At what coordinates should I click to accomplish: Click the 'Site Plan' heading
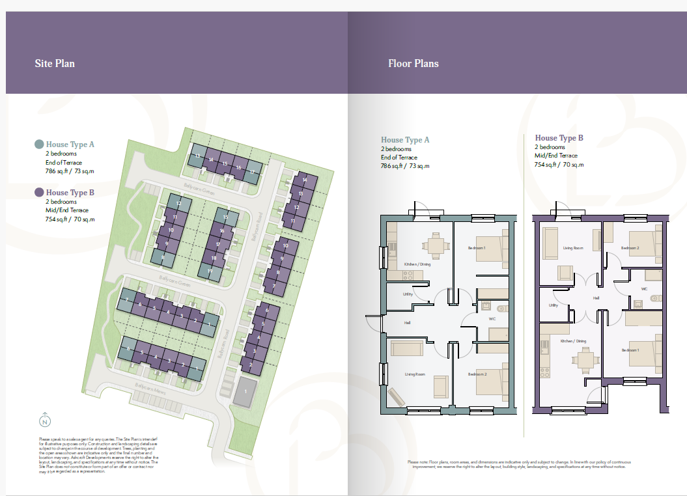[55, 64]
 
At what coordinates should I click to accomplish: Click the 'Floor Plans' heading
[413, 64]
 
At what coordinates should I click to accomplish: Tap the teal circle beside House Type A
[39, 145]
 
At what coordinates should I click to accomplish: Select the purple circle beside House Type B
[39, 193]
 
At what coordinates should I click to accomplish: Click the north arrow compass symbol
[44, 420]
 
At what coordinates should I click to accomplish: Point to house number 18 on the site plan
[214, 258]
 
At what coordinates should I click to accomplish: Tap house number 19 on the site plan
[210, 271]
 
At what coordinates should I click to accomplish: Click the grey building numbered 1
[245, 392]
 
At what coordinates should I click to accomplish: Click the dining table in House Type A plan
[435, 245]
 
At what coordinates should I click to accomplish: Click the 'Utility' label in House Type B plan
[554, 305]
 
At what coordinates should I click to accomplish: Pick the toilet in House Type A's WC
[503, 308]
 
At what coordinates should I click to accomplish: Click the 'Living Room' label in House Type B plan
[573, 248]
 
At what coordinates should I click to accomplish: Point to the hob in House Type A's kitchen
[409, 275]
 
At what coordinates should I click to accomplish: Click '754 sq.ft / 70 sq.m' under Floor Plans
[559, 165]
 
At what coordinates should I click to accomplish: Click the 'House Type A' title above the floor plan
[405, 140]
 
